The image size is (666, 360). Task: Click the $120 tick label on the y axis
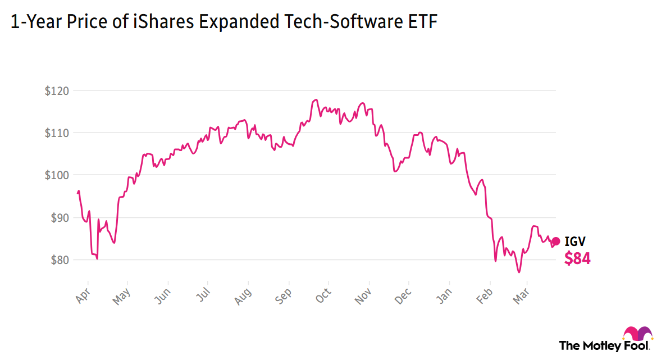click(56, 90)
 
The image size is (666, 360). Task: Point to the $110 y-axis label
click(56, 133)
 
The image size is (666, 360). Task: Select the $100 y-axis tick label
click(56, 175)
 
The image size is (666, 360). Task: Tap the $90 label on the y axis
click(58, 218)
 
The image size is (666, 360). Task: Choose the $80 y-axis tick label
click(58, 260)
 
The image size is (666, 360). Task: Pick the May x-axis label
click(121, 295)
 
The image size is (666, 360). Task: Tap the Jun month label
click(162, 295)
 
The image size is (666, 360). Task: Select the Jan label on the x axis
click(444, 295)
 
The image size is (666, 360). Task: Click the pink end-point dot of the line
click(556, 241)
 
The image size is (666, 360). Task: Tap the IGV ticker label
click(575, 242)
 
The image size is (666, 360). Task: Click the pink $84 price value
click(577, 258)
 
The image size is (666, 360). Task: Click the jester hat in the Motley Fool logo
click(638, 333)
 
